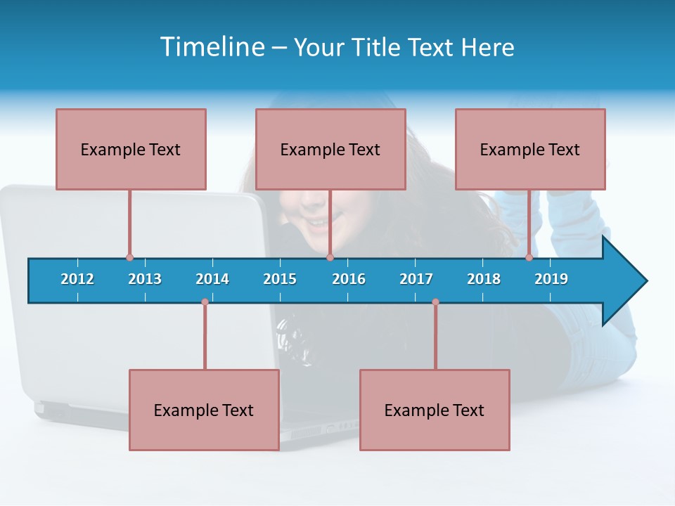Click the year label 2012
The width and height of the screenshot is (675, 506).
pyautogui.click(x=77, y=279)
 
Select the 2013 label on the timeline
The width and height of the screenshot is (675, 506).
pyautogui.click(x=145, y=279)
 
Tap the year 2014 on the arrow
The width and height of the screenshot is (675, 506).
pyautogui.click(x=212, y=279)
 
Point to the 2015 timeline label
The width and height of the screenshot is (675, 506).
pyautogui.click(x=280, y=279)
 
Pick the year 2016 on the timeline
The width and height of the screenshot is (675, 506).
pyautogui.click(x=349, y=279)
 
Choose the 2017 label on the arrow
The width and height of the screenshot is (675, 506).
pyautogui.click(x=416, y=279)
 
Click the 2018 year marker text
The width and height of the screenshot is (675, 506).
pyautogui.click(x=484, y=279)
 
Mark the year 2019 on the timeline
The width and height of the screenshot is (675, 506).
pyautogui.click(x=551, y=279)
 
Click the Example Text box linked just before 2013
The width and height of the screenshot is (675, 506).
pyautogui.click(x=131, y=150)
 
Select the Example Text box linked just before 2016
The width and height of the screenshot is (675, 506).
pyautogui.click(x=330, y=150)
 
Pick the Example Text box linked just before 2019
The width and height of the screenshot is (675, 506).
pyautogui.click(x=530, y=150)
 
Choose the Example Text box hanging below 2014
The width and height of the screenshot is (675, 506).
pyautogui.click(x=204, y=410)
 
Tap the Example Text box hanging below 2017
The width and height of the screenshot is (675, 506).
pyautogui.click(x=435, y=410)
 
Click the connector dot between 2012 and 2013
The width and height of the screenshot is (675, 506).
pyautogui.click(x=129, y=258)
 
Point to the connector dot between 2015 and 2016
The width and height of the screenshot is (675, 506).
pyautogui.click(x=330, y=258)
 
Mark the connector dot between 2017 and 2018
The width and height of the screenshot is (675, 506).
pyautogui.click(x=435, y=302)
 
